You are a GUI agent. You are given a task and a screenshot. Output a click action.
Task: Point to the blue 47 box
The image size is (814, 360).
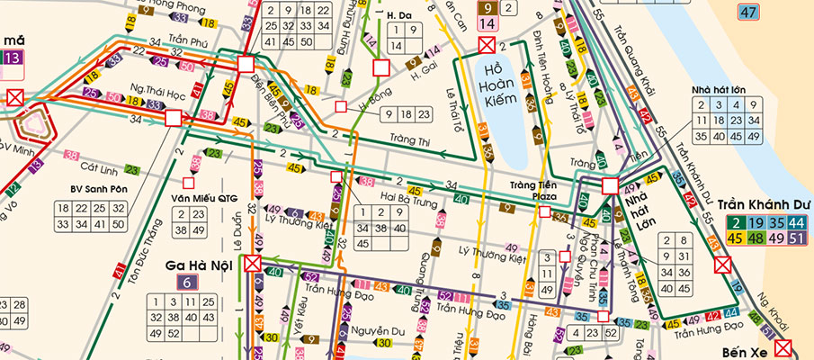[x=747, y=12]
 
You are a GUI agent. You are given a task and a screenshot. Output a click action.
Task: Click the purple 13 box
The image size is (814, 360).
[x=12, y=59]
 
